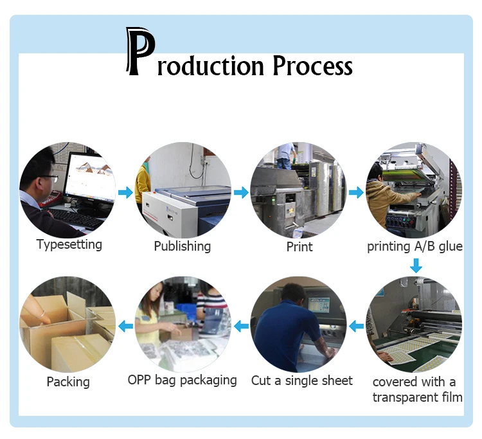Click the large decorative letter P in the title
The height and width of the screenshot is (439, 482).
click(141, 52)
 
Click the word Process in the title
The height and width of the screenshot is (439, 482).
click(312, 66)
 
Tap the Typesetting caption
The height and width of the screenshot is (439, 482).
click(69, 244)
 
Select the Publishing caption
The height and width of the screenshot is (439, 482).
click(182, 246)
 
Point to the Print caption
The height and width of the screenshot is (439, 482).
click(299, 246)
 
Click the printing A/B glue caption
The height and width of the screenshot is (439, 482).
click(415, 246)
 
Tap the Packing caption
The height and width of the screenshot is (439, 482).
click(68, 382)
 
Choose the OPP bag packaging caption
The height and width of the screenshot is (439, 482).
click(182, 381)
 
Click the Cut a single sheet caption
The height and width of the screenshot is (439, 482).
click(301, 381)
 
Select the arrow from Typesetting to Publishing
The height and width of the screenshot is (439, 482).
click(125, 192)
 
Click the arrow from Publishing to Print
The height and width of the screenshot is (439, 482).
click(240, 192)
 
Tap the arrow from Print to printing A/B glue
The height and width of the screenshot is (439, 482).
click(355, 192)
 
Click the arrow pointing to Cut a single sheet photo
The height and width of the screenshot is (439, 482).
click(355, 327)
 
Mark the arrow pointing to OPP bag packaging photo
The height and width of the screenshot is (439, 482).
click(240, 327)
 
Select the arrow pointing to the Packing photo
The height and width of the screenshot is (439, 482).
click(125, 327)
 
